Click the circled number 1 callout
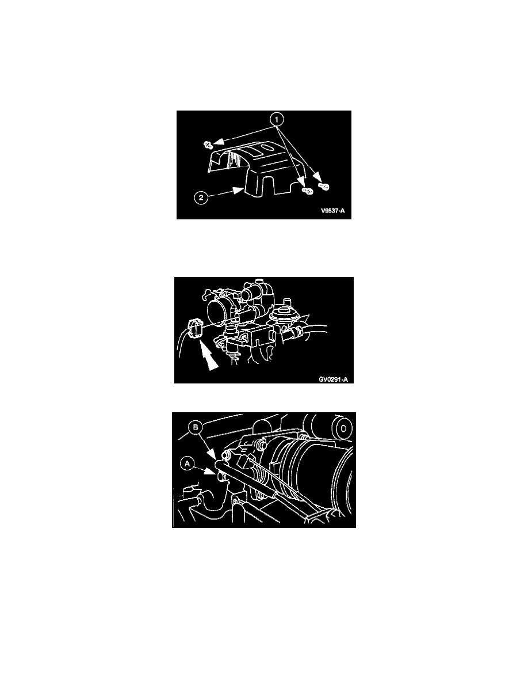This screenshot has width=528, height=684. (x=276, y=119)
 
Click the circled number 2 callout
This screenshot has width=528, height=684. (x=201, y=197)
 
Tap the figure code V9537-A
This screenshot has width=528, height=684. (x=332, y=211)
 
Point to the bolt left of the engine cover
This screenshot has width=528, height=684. (x=208, y=144)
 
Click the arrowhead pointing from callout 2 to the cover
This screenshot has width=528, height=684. (x=238, y=190)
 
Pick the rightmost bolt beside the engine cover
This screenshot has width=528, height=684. (x=324, y=187)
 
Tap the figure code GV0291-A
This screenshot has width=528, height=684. (x=333, y=379)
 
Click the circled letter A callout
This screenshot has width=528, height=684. (x=188, y=463)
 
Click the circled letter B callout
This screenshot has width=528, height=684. (x=196, y=427)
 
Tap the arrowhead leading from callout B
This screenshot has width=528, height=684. (x=217, y=454)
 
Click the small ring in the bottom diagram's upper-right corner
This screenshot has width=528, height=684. (x=344, y=428)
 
